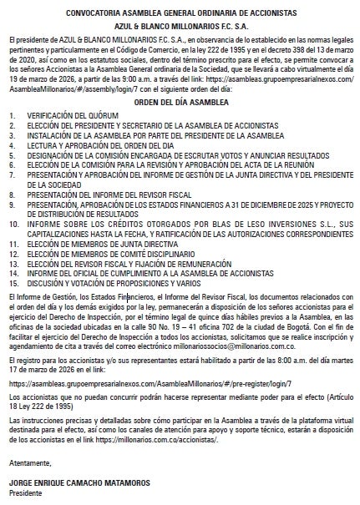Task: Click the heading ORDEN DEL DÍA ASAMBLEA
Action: point(180,102)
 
